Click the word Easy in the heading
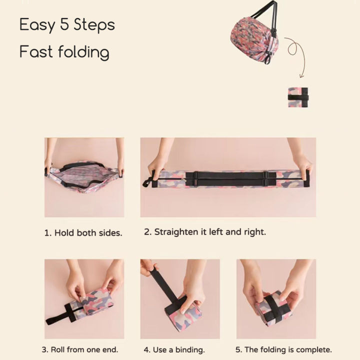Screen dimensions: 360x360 [37, 25]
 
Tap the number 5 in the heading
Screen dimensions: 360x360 [65, 24]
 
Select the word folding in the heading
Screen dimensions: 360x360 [82, 51]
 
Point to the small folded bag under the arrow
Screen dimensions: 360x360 [298, 97]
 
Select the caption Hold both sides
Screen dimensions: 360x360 [83, 233]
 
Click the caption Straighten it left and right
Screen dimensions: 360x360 [205, 232]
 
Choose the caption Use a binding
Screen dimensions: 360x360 [174, 349]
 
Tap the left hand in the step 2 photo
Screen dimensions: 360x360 [157, 165]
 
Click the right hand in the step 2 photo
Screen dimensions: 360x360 [302, 165]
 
